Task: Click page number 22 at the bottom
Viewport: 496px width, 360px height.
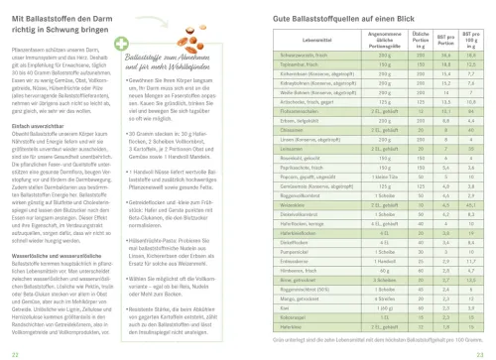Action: (10, 351)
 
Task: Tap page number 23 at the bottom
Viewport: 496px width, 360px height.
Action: (484, 351)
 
